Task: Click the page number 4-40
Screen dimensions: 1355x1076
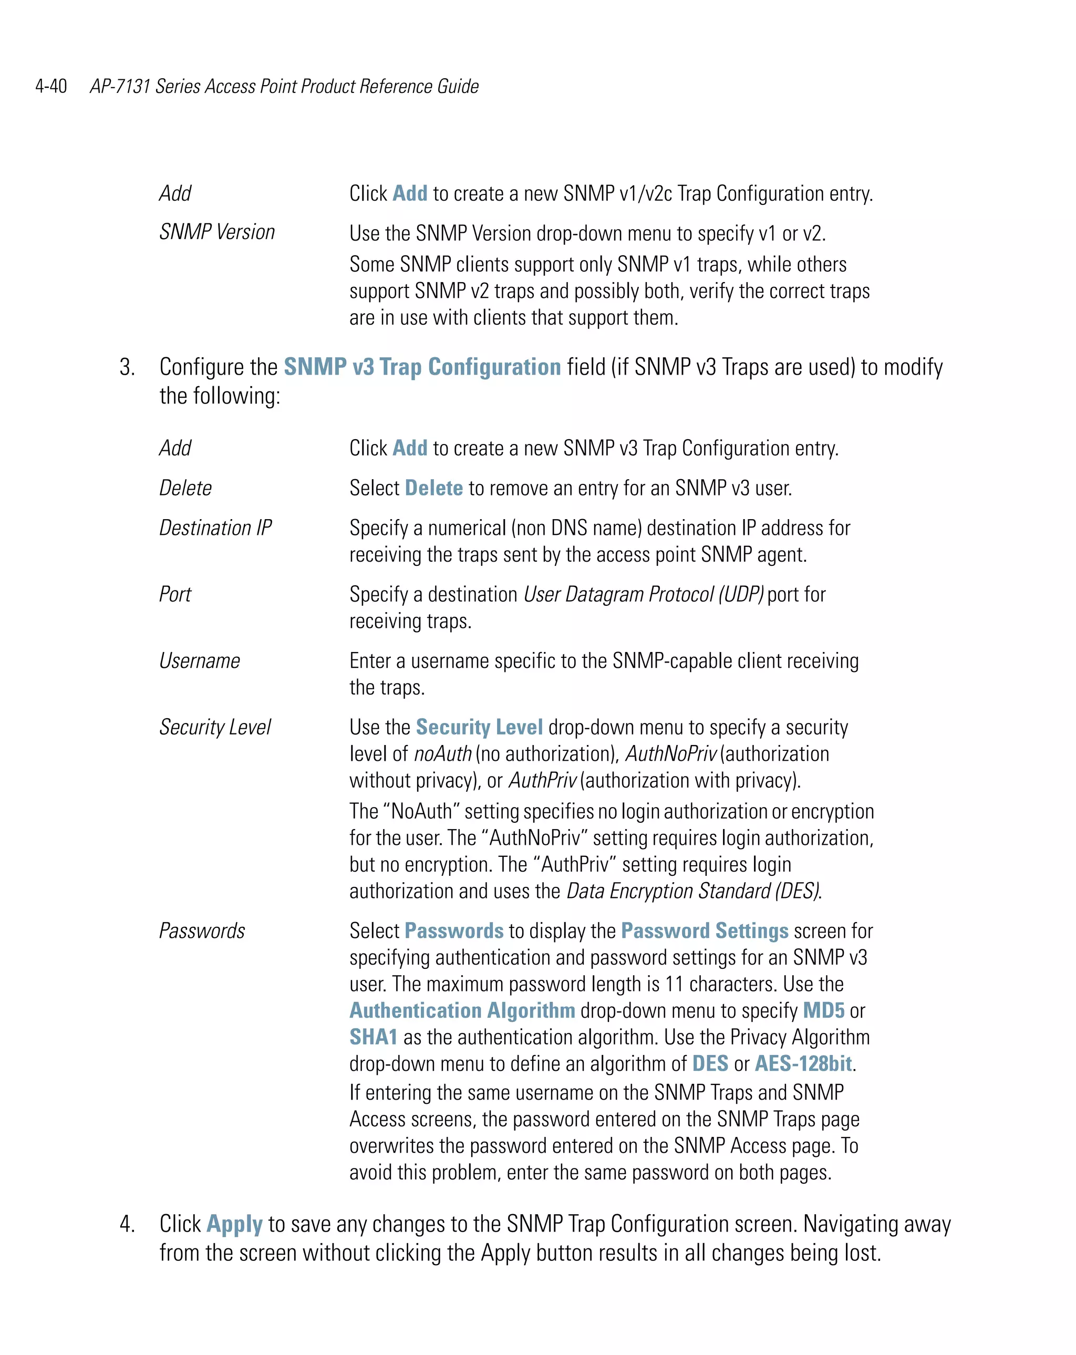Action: (51, 86)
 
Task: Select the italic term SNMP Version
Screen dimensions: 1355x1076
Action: (217, 232)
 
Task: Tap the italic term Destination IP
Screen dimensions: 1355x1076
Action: (215, 528)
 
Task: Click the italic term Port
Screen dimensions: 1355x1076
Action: (175, 594)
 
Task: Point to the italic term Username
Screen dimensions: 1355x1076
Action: (199, 660)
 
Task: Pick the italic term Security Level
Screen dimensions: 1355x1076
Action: (214, 727)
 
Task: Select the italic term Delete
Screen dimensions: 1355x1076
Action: (185, 488)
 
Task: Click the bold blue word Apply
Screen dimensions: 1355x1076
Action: (234, 1224)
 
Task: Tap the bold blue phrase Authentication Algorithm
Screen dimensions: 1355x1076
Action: (462, 1010)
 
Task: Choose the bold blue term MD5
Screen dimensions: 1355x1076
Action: (823, 1010)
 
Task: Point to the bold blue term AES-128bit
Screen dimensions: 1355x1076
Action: (803, 1063)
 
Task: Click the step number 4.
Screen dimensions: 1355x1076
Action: (127, 1224)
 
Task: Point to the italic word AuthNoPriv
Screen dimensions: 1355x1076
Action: (670, 753)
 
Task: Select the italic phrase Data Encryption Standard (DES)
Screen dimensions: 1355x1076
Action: (694, 891)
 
